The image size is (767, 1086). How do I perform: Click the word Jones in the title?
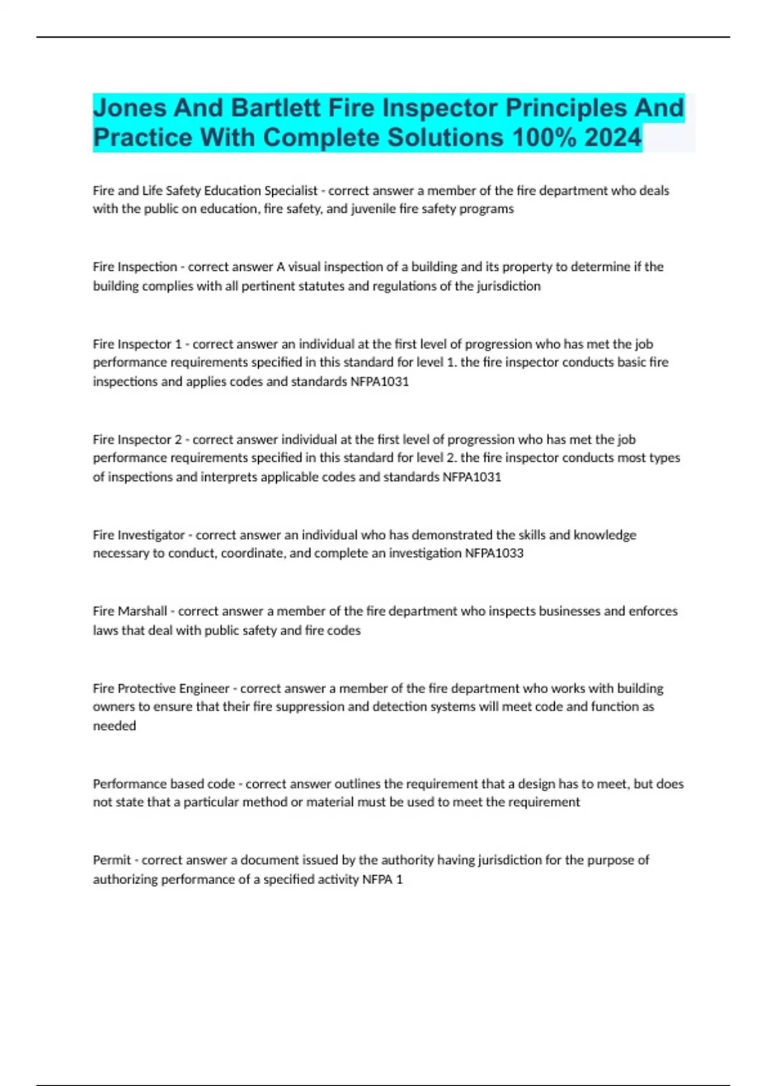coord(130,108)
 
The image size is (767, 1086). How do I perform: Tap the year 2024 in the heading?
coord(612,137)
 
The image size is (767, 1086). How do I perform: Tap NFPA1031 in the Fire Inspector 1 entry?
coord(379,381)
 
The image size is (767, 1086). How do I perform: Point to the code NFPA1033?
coord(493,553)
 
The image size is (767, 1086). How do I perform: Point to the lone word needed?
coord(114,726)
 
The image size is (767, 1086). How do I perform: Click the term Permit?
coord(112,860)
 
